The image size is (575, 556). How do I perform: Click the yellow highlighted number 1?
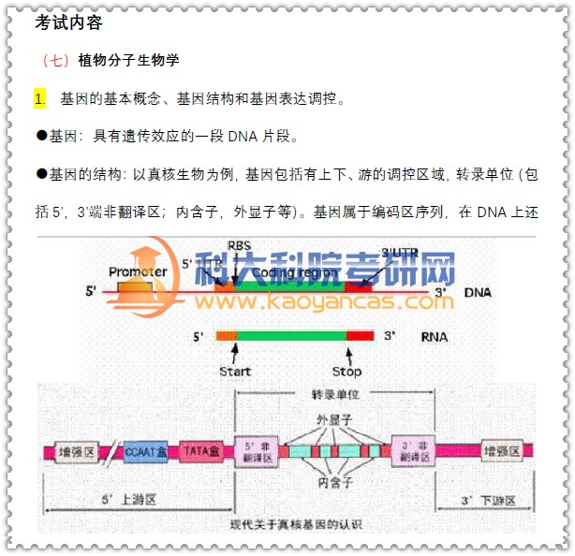point(39,98)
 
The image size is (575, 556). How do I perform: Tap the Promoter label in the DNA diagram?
point(138,272)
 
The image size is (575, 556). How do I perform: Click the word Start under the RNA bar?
point(235,372)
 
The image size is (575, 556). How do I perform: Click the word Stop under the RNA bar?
point(346,372)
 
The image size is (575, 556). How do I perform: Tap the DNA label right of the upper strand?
point(477,292)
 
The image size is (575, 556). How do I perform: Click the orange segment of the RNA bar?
point(226,334)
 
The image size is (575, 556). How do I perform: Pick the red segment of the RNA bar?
point(361,334)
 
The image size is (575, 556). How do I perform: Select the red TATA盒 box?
point(199,451)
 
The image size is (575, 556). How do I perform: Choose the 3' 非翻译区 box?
point(412,451)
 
